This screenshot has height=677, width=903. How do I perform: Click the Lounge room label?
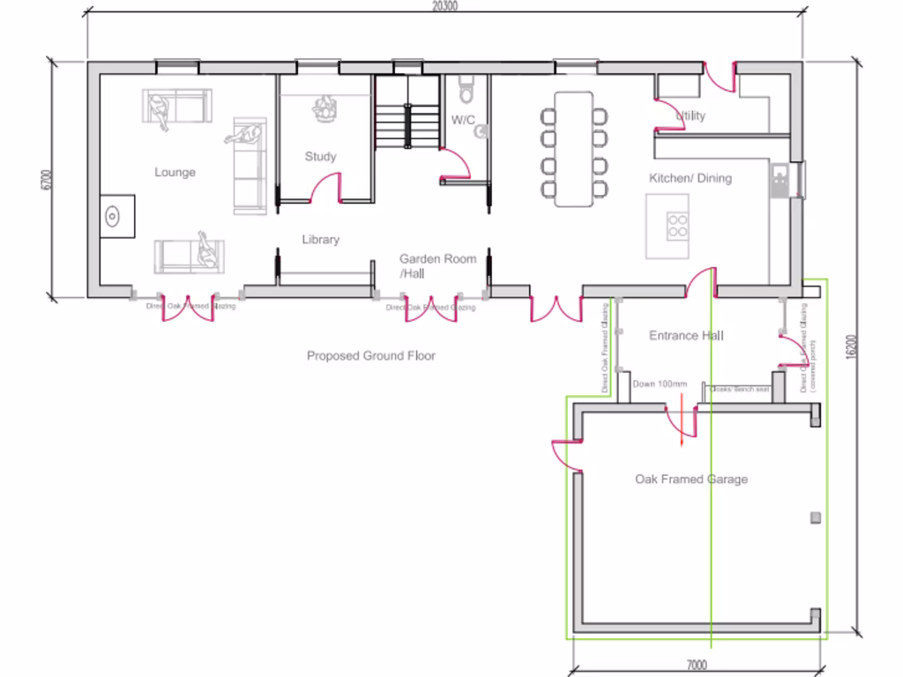[175, 172]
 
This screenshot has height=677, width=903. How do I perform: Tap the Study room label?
[320, 156]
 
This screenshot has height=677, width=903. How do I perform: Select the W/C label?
[464, 119]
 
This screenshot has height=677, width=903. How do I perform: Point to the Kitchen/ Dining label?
[690, 178]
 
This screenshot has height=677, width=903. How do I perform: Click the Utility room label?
[690, 115]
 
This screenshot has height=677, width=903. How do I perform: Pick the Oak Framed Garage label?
[691, 480]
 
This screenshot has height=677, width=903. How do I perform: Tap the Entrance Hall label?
[686, 336]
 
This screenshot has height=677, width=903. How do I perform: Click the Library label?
[320, 239]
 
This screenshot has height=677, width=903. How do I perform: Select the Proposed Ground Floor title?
[371, 356]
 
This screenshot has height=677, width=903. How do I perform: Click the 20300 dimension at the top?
[444, 6]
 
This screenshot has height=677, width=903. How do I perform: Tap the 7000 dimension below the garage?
[696, 666]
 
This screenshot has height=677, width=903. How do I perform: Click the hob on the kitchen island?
[677, 226]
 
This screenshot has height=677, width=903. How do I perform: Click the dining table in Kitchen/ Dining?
[574, 148]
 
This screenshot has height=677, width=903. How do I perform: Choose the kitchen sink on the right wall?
[780, 181]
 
